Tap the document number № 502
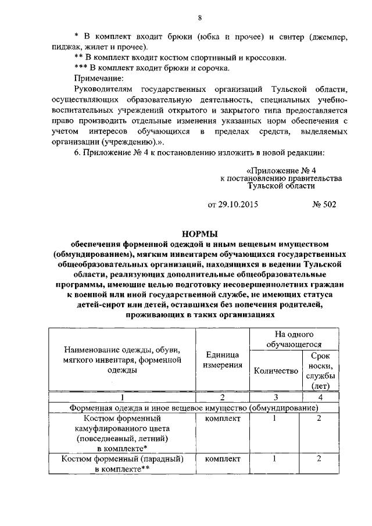[324, 204]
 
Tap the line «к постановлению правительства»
[281, 178]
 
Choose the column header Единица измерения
[221, 360]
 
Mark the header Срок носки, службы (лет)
[320, 370]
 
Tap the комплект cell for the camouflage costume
[221, 418]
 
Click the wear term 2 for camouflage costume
[319, 418]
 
